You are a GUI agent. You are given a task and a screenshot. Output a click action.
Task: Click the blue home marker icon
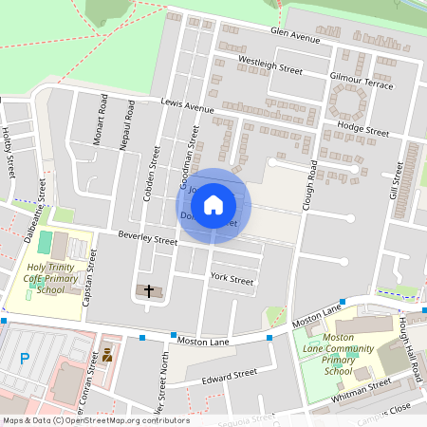click(213, 205)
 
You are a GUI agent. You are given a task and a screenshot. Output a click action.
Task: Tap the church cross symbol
click(149, 290)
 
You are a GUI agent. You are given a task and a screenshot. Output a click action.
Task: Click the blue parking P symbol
click(25, 360)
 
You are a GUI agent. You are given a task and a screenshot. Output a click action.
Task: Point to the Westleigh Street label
click(269, 65)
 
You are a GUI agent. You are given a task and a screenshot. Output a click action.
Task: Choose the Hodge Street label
click(362, 128)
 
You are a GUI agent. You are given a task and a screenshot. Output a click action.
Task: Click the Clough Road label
click(310, 184)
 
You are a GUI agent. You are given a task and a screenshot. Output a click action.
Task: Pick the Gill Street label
click(396, 180)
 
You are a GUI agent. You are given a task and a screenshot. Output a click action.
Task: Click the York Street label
click(232, 280)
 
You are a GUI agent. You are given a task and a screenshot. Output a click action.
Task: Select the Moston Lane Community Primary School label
click(339, 354)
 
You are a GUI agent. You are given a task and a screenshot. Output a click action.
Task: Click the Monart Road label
click(103, 117)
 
